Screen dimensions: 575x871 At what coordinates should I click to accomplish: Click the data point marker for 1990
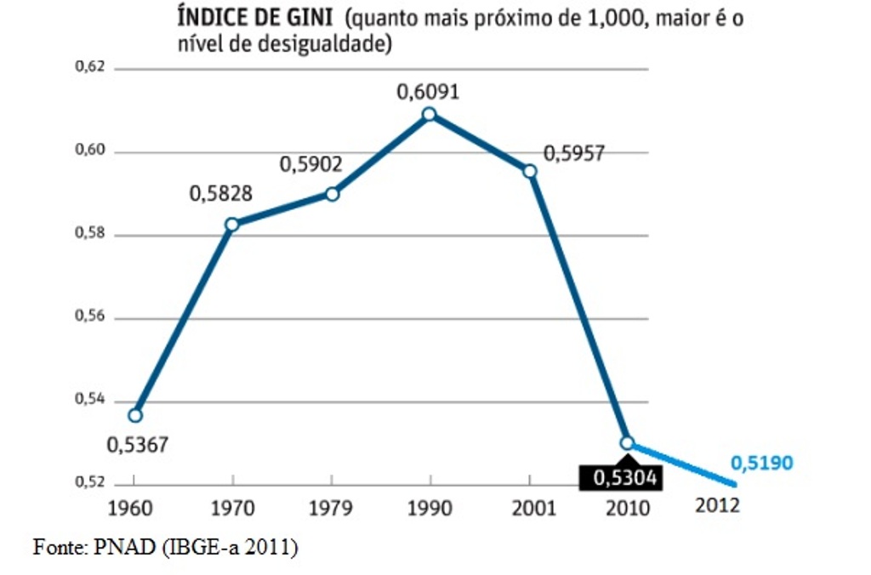(x=429, y=114)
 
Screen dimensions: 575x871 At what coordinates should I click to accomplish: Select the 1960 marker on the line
(x=134, y=415)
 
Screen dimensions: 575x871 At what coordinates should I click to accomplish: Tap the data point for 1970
(x=231, y=225)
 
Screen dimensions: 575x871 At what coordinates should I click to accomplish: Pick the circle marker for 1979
(x=332, y=194)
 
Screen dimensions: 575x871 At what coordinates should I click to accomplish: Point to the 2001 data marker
(x=530, y=171)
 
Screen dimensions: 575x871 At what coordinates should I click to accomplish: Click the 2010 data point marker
(x=627, y=442)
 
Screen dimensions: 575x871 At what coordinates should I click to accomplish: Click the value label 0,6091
(x=428, y=90)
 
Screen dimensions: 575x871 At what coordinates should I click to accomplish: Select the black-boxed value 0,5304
(x=621, y=479)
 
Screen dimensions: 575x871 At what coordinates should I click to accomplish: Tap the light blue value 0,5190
(x=761, y=464)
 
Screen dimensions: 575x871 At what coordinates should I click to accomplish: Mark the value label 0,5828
(x=220, y=194)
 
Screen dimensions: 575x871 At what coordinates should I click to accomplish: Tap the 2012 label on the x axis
(x=717, y=505)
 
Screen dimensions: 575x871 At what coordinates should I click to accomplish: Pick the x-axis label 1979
(x=331, y=509)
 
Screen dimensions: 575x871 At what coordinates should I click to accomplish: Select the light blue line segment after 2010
(x=680, y=464)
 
